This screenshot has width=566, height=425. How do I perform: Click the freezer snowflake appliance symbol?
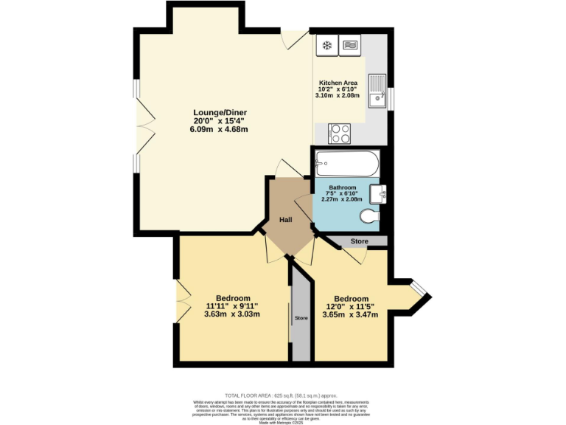326,46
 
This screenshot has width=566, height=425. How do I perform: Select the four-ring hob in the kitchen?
340,134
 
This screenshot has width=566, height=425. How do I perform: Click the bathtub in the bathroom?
346,163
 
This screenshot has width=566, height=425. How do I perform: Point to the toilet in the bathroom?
371,217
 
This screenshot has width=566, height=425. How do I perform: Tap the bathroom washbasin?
380,195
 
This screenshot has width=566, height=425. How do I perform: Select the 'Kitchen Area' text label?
338,83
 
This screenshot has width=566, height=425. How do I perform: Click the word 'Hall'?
287,220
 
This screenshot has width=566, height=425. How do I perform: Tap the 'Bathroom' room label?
342,188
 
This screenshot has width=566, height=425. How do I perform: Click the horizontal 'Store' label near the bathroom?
359,241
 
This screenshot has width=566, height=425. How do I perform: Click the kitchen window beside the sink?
391,96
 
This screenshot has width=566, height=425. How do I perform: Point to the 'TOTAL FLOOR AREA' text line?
283,396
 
